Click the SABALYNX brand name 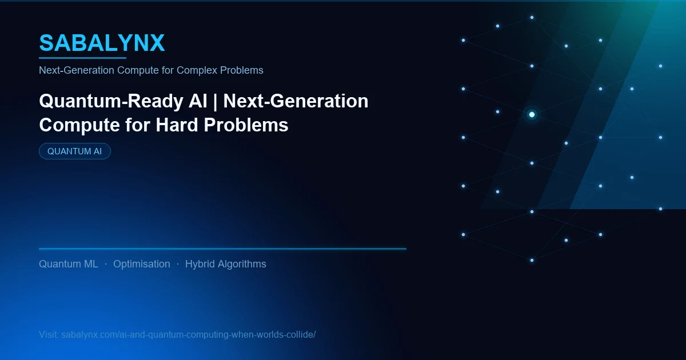coord(102,43)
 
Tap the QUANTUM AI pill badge coord(74,151)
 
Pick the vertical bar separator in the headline coord(217,101)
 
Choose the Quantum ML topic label coord(69,264)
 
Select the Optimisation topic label coord(141,264)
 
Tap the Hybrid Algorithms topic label coord(226,264)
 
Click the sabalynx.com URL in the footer coord(188,334)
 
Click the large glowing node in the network coord(532,115)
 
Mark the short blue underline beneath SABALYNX coord(82,58)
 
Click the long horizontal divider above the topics coord(222,249)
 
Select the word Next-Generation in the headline coord(296,101)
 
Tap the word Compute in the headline coord(75,125)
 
